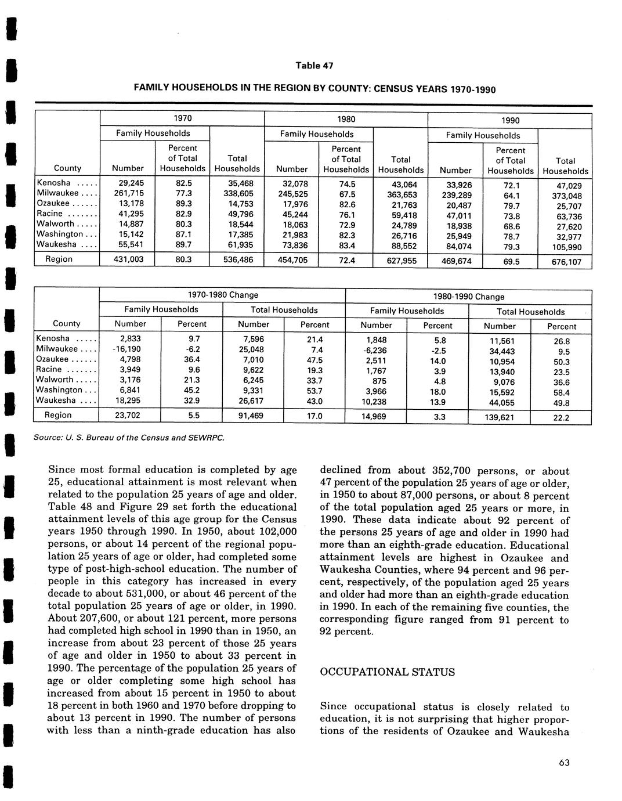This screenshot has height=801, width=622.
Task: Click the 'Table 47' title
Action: [314, 66]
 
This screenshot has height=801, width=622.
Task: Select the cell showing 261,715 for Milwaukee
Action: [128, 193]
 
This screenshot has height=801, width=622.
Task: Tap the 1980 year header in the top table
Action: [346, 119]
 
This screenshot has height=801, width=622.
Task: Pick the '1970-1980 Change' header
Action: [223, 295]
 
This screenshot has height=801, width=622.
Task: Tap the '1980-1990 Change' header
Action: [469, 297]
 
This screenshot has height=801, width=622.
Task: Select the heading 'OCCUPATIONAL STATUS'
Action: [388, 672]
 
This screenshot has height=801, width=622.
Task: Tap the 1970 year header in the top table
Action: [183, 118]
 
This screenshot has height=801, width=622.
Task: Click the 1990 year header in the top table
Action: [510, 121]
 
